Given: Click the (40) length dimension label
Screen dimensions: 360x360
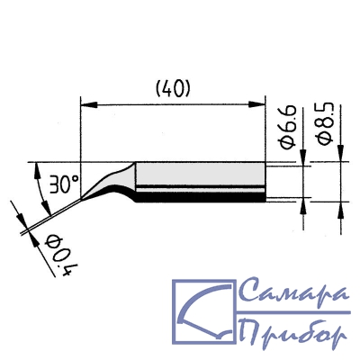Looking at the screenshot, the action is tap(173, 89).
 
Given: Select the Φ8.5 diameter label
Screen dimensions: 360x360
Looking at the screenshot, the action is tap(325, 123).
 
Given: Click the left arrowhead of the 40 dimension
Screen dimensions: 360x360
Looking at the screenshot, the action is tap(89, 105).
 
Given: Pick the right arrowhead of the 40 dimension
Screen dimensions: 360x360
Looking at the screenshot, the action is tap(257, 105).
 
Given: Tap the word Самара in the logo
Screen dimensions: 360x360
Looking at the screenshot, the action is tap(294, 292).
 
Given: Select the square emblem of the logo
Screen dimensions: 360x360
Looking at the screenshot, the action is tap(203, 312).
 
